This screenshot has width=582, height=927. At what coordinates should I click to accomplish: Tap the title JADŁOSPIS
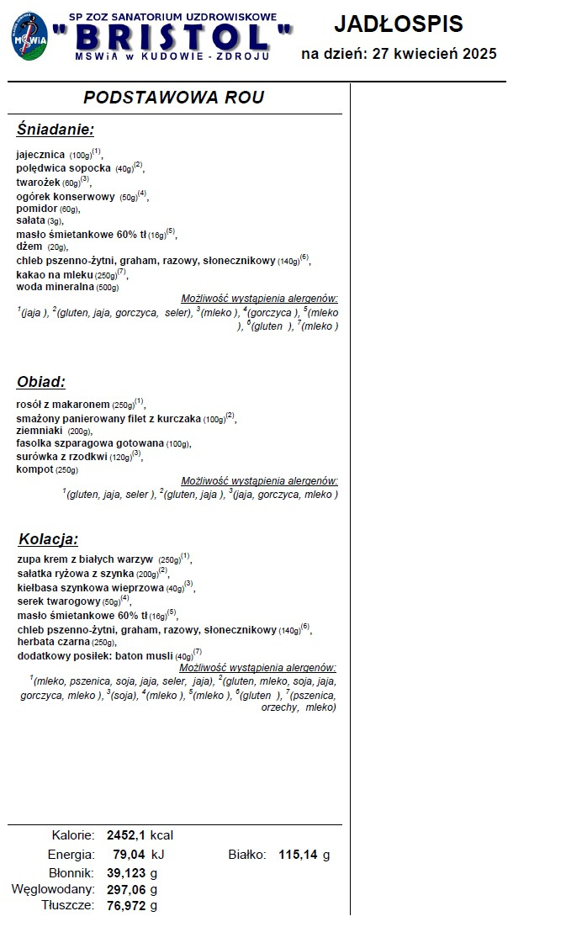[398, 24]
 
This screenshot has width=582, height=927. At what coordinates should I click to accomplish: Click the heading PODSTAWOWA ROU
[174, 97]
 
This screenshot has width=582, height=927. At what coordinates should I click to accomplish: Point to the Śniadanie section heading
[56, 130]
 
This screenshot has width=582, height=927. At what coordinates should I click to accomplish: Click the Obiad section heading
[41, 382]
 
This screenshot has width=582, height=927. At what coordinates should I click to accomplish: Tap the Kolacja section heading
[48, 539]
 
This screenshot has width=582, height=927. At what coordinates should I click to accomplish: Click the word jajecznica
[40, 155]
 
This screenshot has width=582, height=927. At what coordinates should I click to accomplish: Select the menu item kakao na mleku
[55, 274]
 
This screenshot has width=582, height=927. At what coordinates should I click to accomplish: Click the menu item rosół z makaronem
[63, 404]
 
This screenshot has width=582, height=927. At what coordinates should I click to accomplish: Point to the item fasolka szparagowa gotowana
[90, 443]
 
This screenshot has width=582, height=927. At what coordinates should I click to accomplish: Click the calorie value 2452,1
[126, 835]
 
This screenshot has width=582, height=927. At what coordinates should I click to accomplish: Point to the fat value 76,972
[126, 905]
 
